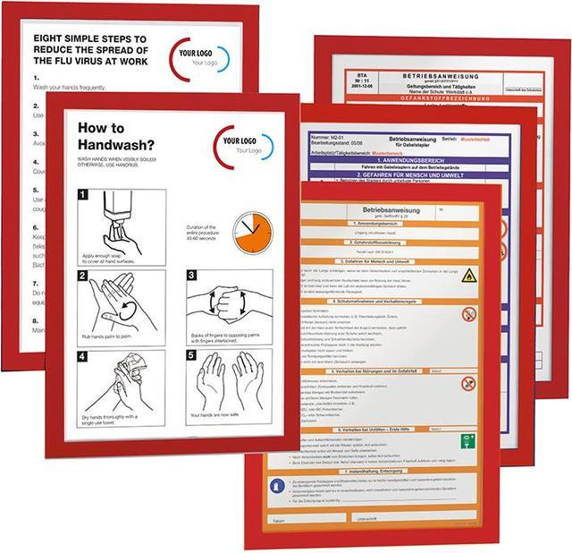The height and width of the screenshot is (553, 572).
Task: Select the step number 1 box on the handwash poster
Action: [83, 194]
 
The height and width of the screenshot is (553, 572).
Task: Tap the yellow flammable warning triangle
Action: [467, 275]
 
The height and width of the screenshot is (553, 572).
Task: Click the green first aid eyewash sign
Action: [467, 441]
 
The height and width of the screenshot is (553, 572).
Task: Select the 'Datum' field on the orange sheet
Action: [279, 519]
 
